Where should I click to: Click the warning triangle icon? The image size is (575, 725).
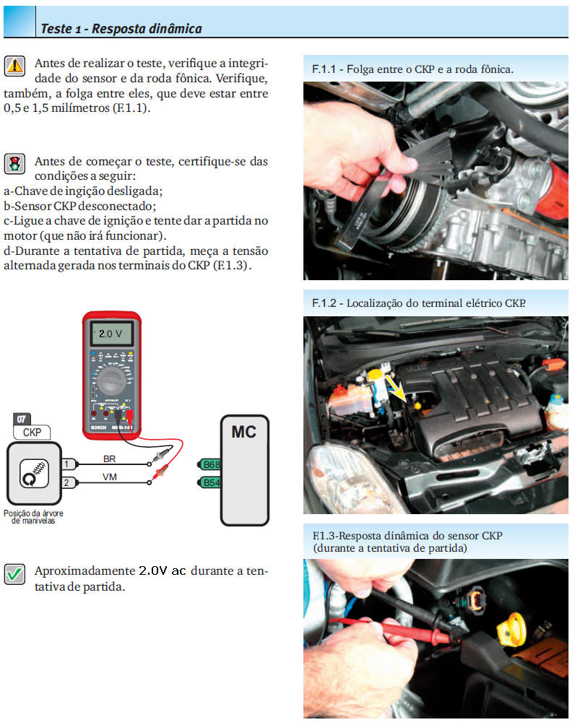tap(14, 66)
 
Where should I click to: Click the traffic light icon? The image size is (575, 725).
tap(14, 164)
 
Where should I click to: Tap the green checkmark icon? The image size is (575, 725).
tap(14, 574)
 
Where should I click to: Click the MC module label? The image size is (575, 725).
tap(243, 433)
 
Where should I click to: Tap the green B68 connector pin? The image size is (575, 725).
tap(210, 464)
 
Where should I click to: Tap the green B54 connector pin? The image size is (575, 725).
tap(210, 482)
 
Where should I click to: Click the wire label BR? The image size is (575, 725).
tap(110, 459)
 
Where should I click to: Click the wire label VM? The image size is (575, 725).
tap(110, 477)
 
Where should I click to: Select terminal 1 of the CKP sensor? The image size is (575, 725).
tap(67, 464)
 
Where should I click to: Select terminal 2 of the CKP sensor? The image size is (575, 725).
tap(67, 482)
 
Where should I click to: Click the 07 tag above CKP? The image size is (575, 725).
tap(22, 419)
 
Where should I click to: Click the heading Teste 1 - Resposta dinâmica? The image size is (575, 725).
tap(121, 29)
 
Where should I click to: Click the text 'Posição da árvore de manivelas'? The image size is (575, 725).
tap(33, 517)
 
